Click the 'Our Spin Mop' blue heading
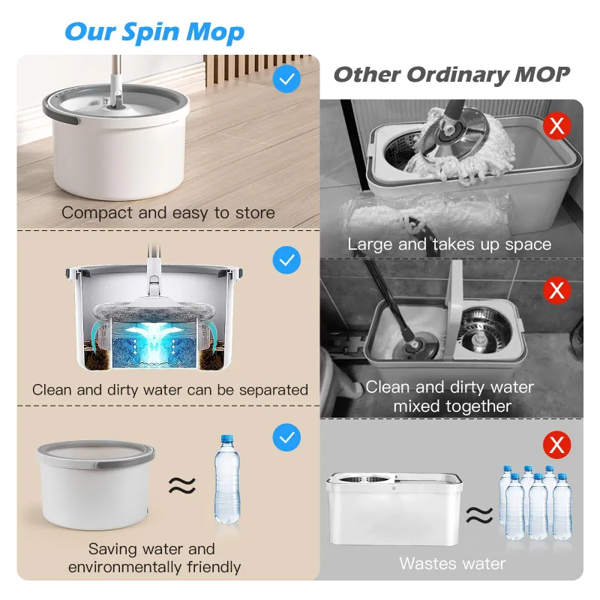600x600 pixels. tap(154, 32)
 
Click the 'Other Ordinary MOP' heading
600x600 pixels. tap(451, 74)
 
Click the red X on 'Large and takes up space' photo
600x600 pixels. tap(556, 125)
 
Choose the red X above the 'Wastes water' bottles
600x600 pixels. tap(556, 445)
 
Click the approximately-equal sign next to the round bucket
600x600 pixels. tap(184, 486)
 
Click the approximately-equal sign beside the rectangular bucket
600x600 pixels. tap(480, 514)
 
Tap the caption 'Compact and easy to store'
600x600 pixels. tap(168, 212)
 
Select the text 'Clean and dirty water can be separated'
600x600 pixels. tap(170, 390)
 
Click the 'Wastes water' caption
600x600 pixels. tap(452, 563)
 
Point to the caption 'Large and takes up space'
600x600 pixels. tap(449, 244)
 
